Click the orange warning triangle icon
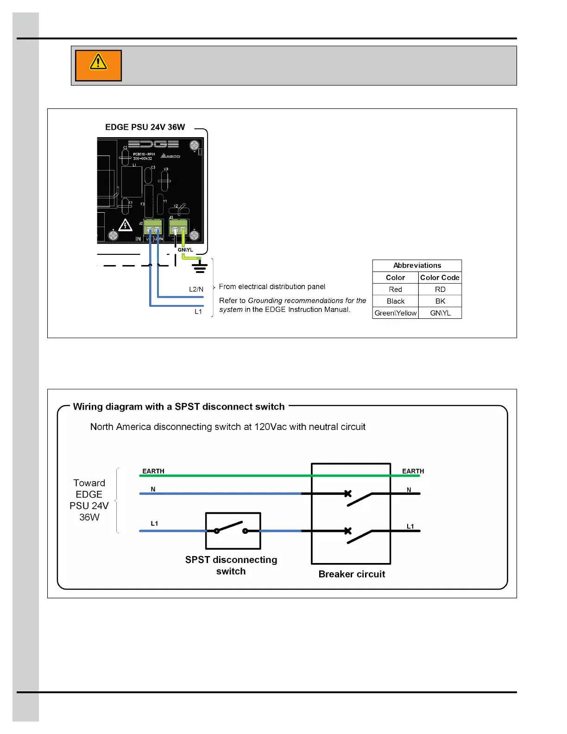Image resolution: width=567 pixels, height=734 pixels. [x=98, y=65]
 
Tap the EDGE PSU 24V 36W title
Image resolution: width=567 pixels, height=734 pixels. [x=145, y=127]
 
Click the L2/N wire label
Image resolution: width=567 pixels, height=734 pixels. [x=196, y=289]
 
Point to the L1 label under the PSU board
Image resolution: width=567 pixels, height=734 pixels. [x=198, y=311]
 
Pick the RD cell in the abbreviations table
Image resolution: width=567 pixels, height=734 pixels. [x=440, y=289]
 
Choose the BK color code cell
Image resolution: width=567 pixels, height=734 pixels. [x=440, y=301]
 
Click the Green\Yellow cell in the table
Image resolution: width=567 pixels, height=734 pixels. [x=396, y=313]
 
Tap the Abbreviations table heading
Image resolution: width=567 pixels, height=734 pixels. [x=417, y=266]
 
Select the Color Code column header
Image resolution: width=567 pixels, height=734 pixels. [x=440, y=278]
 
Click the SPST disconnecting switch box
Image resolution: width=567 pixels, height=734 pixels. [x=233, y=531]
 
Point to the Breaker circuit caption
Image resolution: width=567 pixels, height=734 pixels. [x=352, y=574]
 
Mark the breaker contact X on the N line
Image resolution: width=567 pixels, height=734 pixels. [x=348, y=494]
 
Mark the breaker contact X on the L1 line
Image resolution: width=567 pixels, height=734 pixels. [x=348, y=531]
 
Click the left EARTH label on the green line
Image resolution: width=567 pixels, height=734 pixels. [x=153, y=471]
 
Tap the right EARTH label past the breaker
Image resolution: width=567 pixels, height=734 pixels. [x=413, y=471]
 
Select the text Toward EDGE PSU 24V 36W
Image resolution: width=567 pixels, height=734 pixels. [x=89, y=500]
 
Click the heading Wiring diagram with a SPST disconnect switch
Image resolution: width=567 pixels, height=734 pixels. [x=179, y=407]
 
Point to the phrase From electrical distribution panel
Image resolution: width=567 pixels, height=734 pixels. [x=272, y=287]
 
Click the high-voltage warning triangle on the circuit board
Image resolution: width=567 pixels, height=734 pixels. [x=125, y=225]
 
